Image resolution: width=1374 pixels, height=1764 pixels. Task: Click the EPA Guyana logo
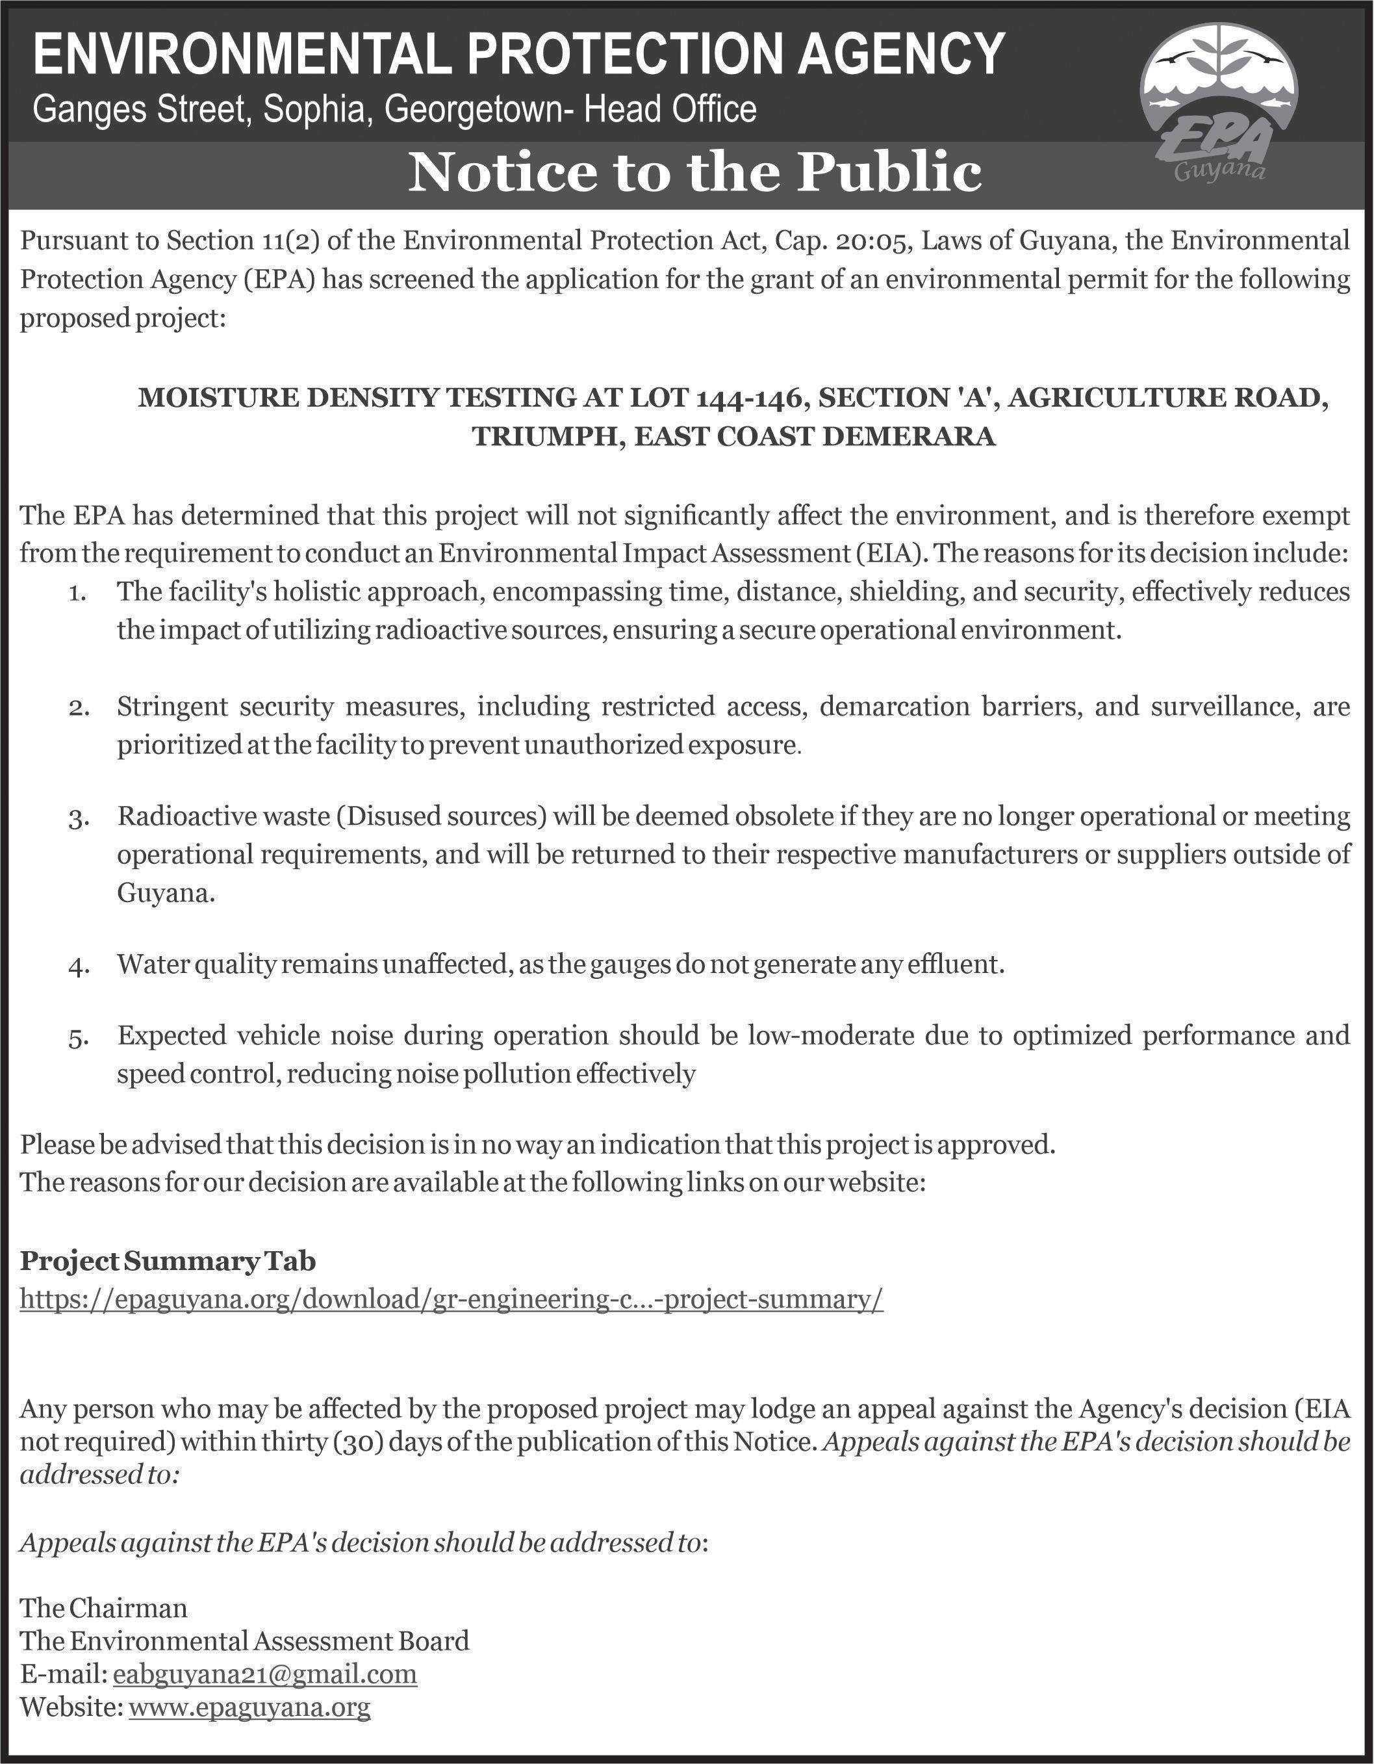point(1217,114)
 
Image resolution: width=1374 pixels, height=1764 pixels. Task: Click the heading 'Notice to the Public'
point(694,173)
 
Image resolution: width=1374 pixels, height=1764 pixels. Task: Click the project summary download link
point(452,1299)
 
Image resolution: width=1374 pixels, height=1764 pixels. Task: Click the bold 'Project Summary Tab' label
point(168,1261)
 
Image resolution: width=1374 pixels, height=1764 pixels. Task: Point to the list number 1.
point(77,593)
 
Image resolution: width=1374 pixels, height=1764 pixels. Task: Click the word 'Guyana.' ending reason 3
point(166,893)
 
